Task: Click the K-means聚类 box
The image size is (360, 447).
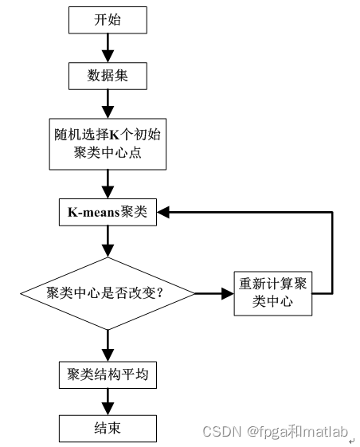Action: pyautogui.click(x=108, y=213)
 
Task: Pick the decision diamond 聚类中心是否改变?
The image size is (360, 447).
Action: pyautogui.click(x=108, y=292)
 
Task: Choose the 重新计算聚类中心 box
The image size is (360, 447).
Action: pyautogui.click(x=272, y=292)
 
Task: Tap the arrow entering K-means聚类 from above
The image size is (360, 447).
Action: pyautogui.click(x=108, y=185)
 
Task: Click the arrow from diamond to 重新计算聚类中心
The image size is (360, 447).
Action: pyautogui.click(x=213, y=293)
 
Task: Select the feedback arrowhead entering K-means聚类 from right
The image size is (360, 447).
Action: pyautogui.click(x=164, y=213)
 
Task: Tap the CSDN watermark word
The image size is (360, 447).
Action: pyautogui.click(x=221, y=433)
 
